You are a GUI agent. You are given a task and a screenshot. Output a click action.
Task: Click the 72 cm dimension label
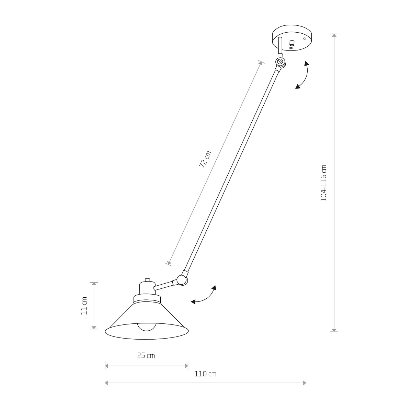205,159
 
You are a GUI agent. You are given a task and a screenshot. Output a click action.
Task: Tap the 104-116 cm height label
323,183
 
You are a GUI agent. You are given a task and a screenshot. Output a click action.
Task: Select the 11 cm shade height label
84,306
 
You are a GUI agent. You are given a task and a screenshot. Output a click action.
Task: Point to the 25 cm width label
146,356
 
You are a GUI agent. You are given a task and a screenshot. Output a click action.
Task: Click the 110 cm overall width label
205,374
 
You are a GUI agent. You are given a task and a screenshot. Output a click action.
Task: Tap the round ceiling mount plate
292,38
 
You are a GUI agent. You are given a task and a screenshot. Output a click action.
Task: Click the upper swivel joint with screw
280,62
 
